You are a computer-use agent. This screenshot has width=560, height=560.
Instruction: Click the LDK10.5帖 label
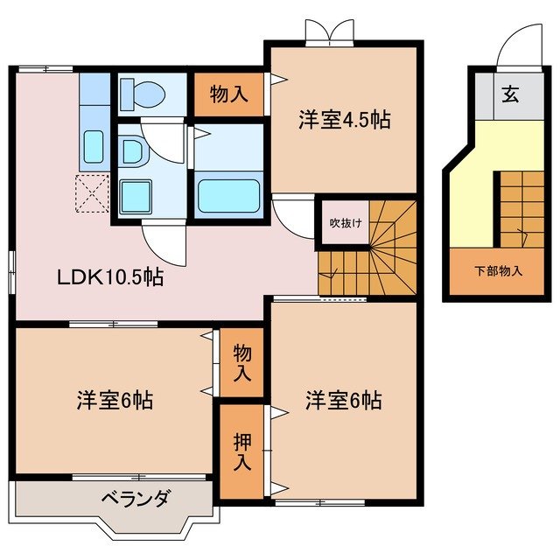110,278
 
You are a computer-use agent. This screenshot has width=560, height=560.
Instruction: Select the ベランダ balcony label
135,500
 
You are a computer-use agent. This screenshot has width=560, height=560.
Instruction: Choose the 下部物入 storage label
499,270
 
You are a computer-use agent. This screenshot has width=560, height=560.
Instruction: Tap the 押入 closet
241,451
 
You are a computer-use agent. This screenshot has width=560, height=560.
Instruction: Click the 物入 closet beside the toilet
229,94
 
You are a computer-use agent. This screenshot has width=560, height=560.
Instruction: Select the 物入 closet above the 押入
241,362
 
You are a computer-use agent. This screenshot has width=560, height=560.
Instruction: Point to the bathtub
227,195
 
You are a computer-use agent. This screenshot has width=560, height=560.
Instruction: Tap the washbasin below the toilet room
133,152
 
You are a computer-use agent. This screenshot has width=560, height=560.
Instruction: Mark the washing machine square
135,193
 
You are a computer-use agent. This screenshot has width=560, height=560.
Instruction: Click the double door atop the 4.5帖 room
329,32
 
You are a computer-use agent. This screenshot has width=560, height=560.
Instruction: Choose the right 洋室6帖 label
343,402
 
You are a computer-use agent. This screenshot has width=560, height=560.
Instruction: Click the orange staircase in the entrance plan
522,208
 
